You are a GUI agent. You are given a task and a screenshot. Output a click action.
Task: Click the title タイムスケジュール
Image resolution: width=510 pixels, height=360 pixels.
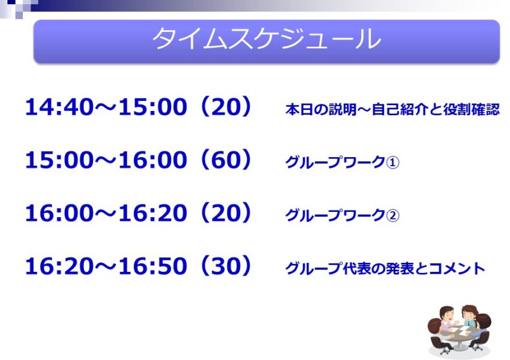pos(266,39)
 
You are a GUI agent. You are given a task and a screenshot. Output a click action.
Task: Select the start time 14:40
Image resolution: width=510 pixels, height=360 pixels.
pos(59,107)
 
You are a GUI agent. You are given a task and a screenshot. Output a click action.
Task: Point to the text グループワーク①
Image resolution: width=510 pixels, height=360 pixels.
pos(342,162)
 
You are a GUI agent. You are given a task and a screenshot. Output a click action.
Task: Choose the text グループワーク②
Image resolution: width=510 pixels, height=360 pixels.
pos(342,215)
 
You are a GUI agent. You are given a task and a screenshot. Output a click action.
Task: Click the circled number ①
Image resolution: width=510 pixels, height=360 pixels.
pos(392,162)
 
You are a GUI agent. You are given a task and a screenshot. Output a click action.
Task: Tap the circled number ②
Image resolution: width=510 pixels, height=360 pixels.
pos(392,215)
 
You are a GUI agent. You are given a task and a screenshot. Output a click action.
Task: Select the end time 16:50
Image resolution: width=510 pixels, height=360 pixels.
pos(152,266)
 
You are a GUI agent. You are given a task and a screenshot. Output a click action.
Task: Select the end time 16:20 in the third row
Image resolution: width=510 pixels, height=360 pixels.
pos(152,213)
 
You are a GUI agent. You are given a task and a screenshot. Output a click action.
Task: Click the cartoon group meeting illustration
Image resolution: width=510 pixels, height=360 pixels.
pos(459,331)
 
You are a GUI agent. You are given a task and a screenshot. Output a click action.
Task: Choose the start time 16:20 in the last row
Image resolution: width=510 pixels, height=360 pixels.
pos(59,266)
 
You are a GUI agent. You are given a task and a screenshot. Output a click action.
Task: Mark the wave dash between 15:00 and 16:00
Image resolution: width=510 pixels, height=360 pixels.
pos(106,160)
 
